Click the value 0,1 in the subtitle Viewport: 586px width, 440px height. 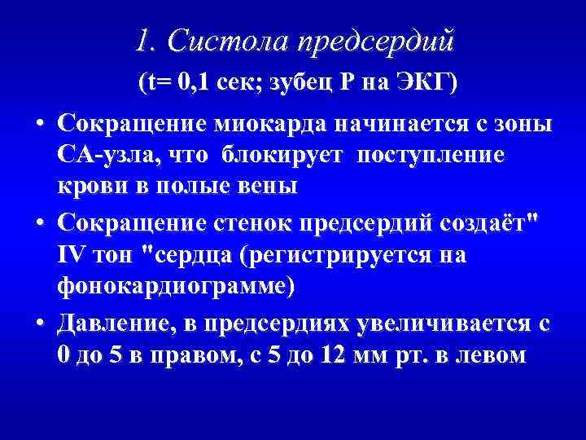(x=201, y=83)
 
